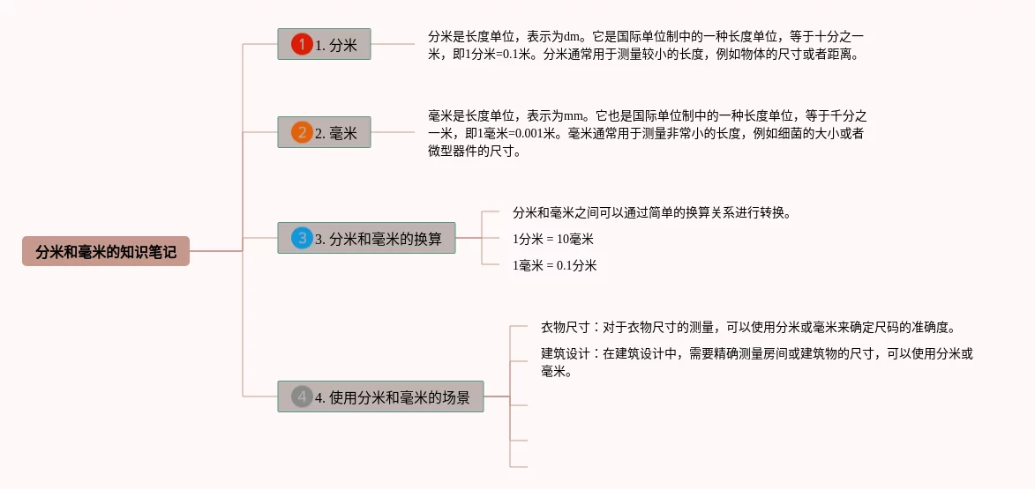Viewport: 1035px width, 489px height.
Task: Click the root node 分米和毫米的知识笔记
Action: point(106,252)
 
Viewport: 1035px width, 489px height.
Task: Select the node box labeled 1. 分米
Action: point(324,44)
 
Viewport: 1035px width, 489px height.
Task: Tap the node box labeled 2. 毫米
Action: point(324,132)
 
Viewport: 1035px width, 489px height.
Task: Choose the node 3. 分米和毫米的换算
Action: point(366,238)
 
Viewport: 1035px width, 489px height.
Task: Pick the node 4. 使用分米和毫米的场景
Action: point(380,396)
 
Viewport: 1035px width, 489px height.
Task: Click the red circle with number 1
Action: point(303,44)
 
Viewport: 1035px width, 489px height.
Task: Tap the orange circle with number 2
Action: point(302,132)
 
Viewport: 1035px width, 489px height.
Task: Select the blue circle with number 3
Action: point(302,238)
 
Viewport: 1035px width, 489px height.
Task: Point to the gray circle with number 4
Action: point(302,396)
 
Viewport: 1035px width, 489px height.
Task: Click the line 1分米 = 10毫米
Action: point(553,239)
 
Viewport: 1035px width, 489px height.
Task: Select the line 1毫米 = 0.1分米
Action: point(555,265)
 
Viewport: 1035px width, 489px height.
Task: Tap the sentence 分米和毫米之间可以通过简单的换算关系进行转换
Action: point(651,212)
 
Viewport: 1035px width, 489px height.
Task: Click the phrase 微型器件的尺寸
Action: point(473,151)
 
